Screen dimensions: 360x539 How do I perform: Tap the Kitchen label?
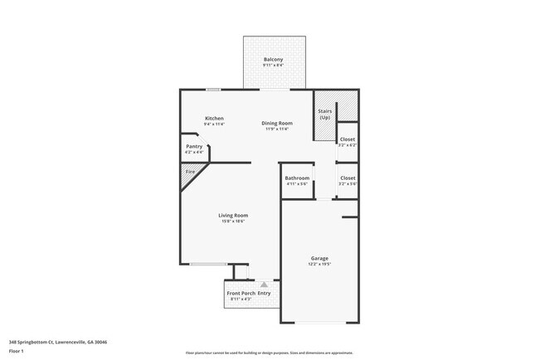click(215, 118)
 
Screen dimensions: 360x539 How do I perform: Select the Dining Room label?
click(277, 123)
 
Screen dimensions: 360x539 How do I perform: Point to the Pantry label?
click(194, 146)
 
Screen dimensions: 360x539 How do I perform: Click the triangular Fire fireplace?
click(190, 173)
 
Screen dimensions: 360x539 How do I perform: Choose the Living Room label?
click(233, 215)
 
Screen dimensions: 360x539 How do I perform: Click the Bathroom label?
click(297, 178)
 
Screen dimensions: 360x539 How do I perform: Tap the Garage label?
click(319, 257)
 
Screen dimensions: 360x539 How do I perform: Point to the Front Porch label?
click(240, 293)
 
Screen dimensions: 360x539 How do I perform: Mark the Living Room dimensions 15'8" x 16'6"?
click(233, 221)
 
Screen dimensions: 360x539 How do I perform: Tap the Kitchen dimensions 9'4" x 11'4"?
click(215, 124)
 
